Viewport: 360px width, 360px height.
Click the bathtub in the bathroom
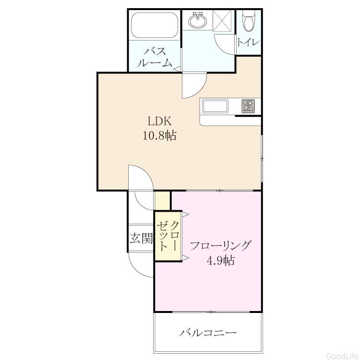155,25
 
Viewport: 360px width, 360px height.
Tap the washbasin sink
198,21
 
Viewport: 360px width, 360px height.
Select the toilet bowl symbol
248,21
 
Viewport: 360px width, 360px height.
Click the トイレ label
248,42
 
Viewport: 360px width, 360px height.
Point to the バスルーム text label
155,57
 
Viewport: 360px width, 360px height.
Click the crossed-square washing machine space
222,21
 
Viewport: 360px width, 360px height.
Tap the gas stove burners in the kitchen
248,106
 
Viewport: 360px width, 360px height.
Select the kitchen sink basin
215,106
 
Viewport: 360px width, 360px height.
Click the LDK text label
159,121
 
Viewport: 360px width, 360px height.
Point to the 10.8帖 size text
159,135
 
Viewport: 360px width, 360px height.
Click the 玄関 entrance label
141,238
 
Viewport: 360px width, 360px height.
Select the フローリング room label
220,246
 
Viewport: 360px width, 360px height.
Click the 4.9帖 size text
221,260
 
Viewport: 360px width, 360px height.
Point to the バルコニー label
207,333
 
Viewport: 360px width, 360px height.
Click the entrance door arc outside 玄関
135,269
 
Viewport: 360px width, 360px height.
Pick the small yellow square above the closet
163,201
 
